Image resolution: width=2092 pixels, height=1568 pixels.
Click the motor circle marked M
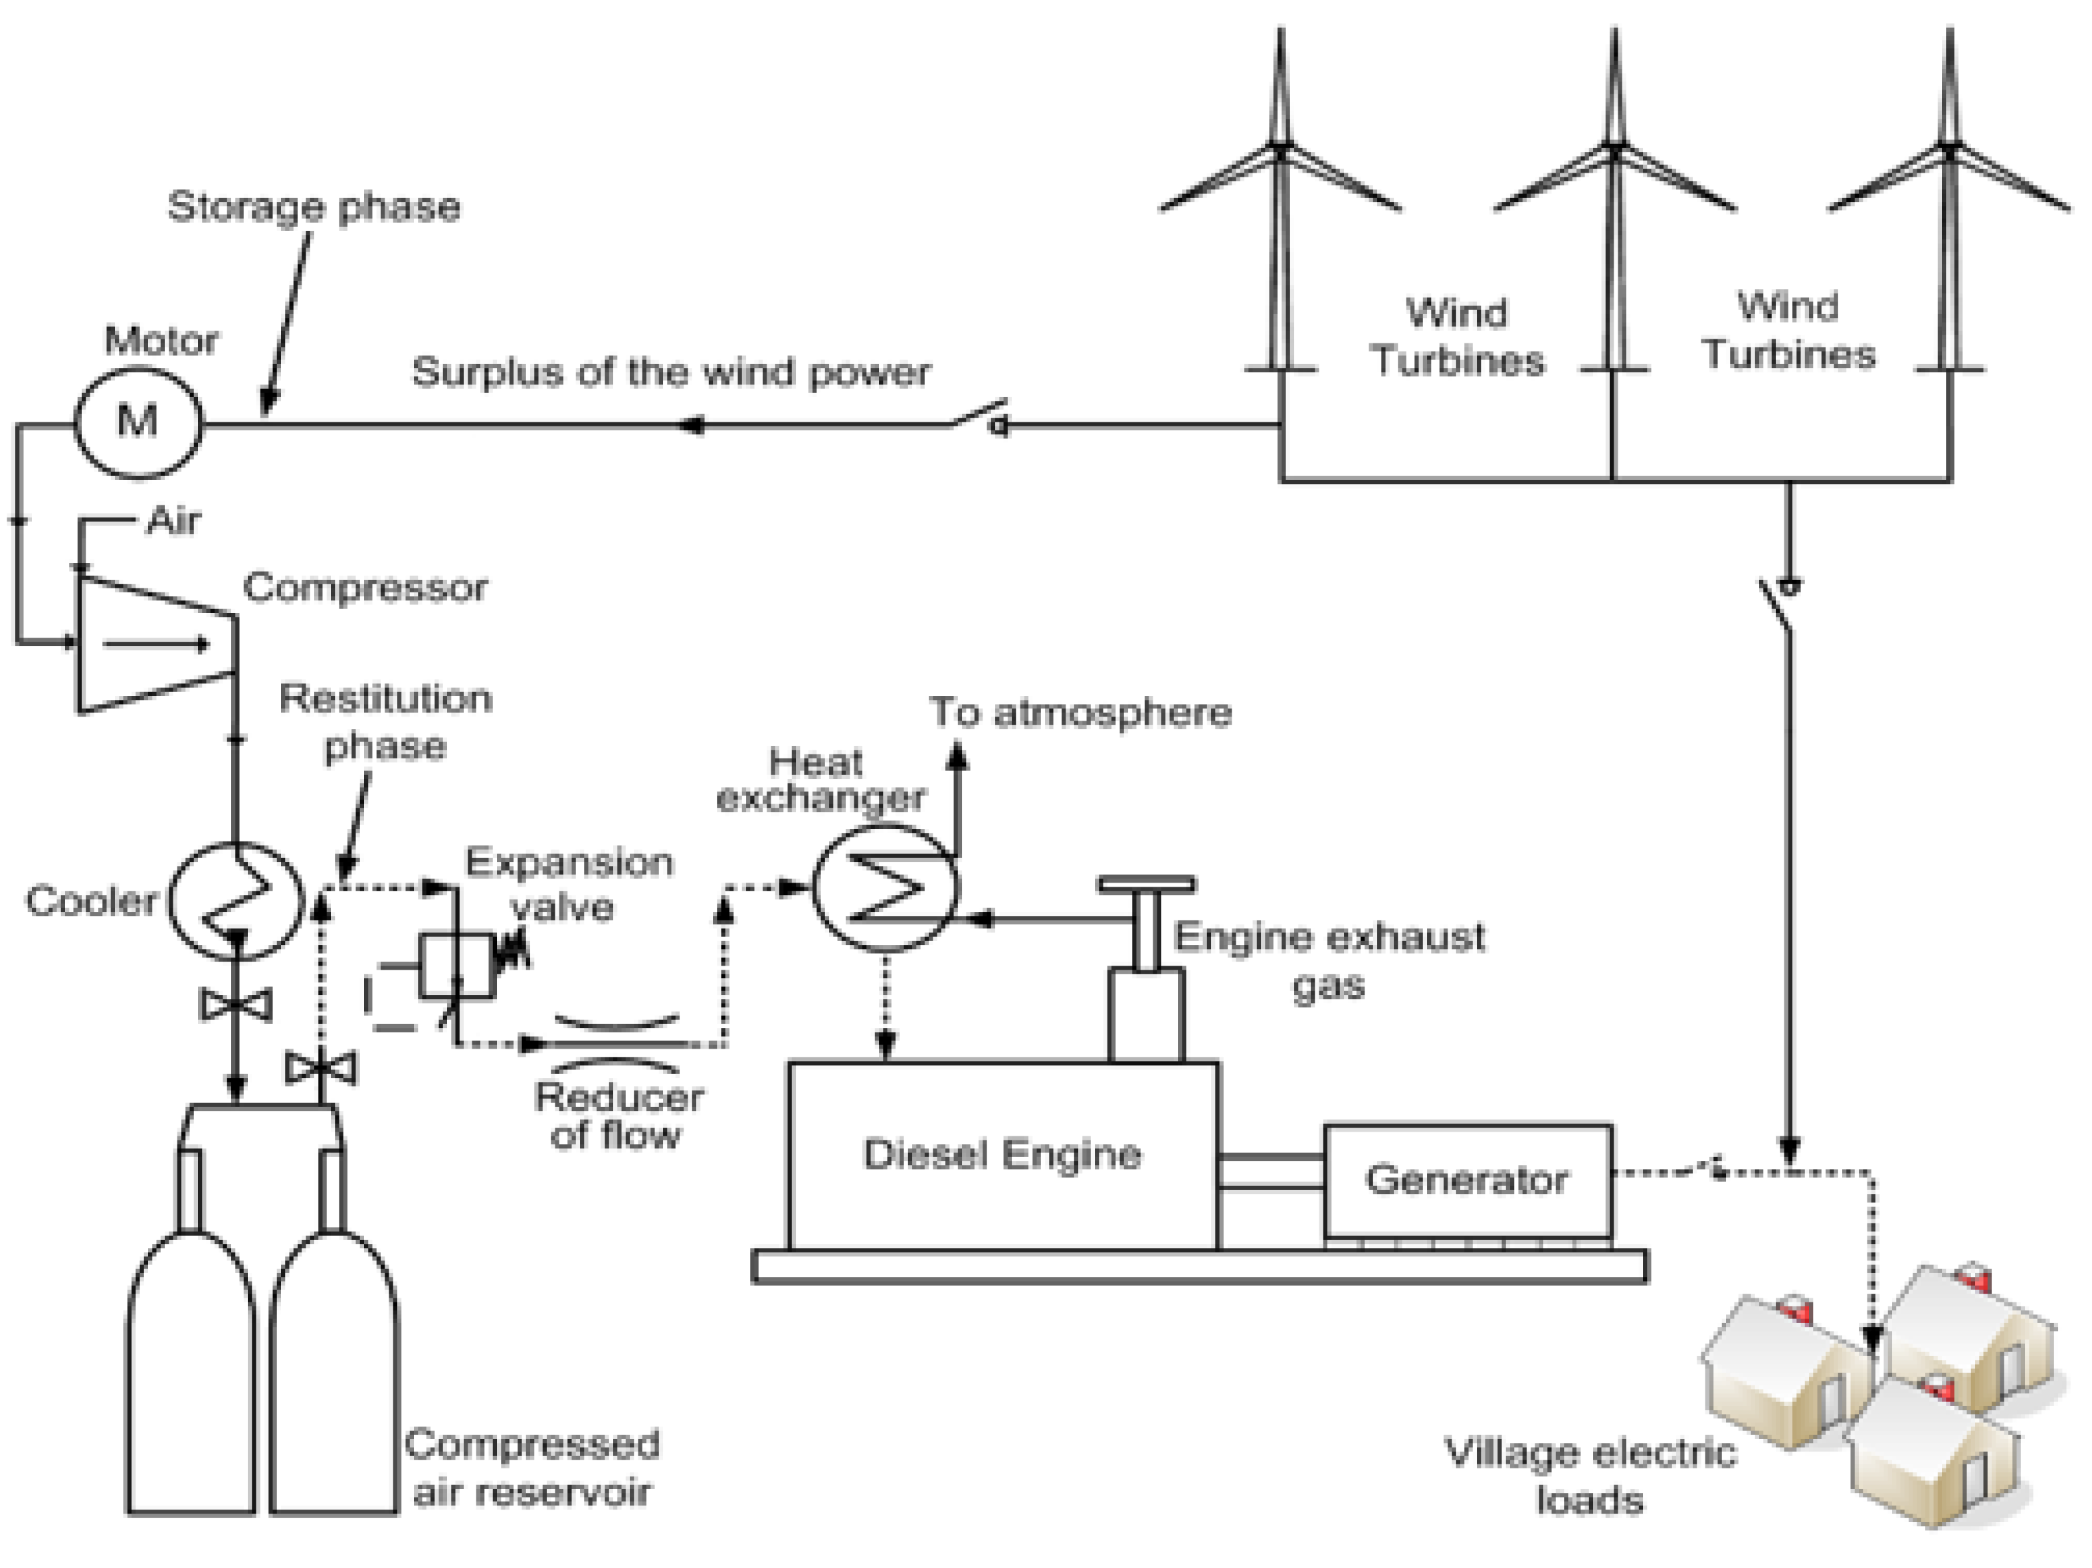(x=138, y=421)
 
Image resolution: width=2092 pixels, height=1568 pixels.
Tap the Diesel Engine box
(x=1003, y=1156)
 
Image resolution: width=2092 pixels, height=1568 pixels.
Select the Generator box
(x=1468, y=1180)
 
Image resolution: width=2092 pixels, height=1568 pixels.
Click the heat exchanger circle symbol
(x=886, y=887)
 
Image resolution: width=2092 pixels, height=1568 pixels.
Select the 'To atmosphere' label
(x=1080, y=711)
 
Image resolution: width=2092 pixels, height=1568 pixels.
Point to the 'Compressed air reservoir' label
(x=532, y=1468)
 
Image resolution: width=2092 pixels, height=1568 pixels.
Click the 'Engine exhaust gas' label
(x=1329, y=960)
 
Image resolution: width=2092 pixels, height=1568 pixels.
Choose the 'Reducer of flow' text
(x=618, y=1116)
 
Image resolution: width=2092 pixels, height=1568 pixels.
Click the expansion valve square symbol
(x=457, y=966)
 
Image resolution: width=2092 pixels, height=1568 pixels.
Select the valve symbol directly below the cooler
(x=237, y=1004)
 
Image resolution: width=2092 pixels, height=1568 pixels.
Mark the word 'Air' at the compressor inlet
(x=174, y=520)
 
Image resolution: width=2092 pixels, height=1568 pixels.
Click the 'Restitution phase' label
(x=386, y=723)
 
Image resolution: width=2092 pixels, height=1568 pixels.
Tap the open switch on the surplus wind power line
(x=980, y=417)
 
